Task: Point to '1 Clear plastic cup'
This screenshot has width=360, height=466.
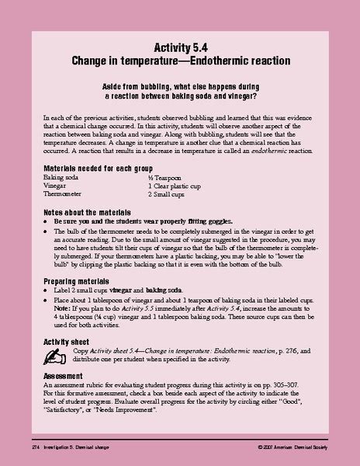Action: click(x=179, y=186)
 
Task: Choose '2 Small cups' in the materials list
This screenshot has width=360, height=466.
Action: click(x=168, y=195)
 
